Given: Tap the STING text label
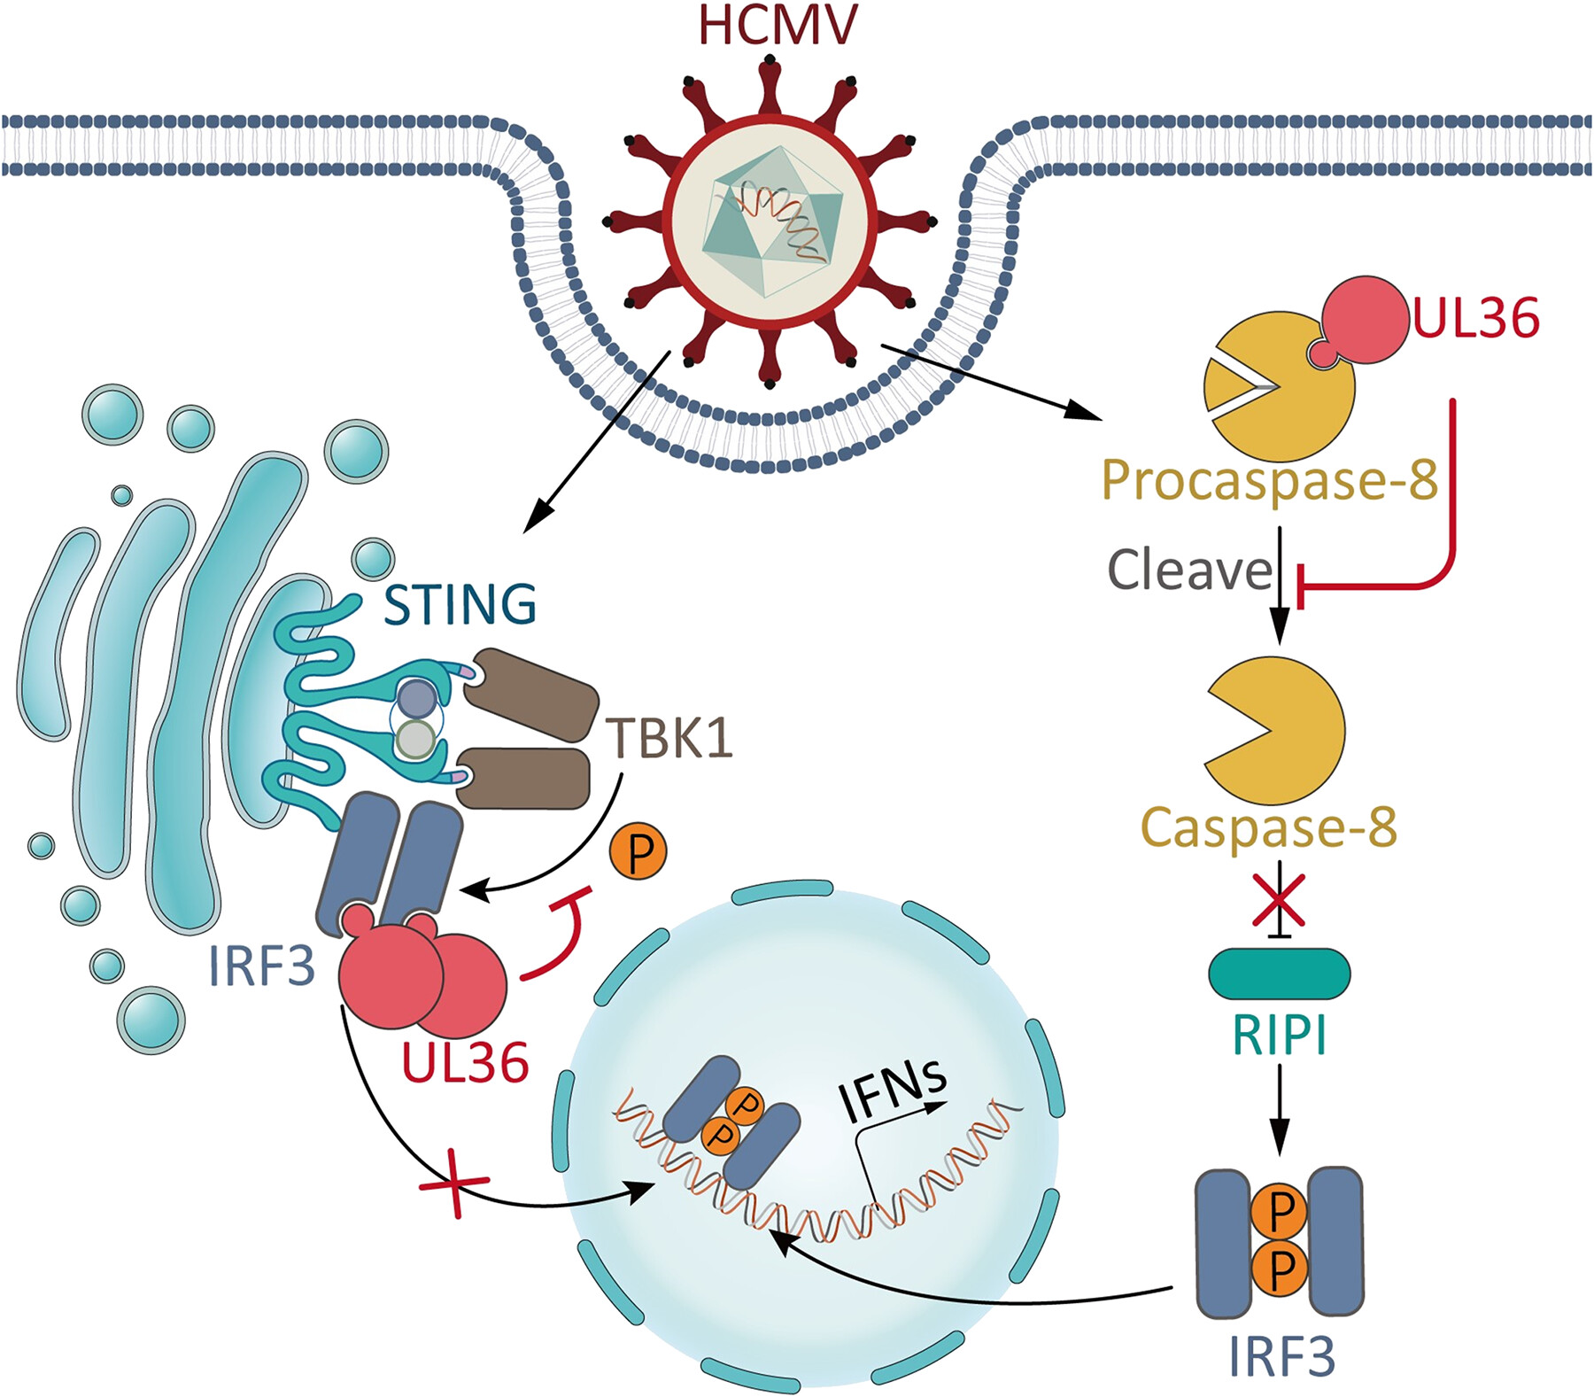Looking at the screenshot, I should (x=460, y=605).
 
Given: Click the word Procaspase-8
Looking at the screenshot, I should (x=1269, y=481).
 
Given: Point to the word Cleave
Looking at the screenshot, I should (x=1189, y=570).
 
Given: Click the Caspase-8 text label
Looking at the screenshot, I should (x=1268, y=827).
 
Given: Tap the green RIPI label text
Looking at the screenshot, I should (x=1279, y=1034).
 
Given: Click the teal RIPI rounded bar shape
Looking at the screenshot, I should (x=1279, y=973).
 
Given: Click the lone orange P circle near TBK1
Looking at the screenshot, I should (x=638, y=851).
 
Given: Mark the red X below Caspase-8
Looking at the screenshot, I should (x=1279, y=900).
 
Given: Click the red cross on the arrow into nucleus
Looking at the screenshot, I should (x=454, y=1184).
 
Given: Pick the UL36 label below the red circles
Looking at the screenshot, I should (x=465, y=1062).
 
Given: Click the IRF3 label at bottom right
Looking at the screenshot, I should (x=1281, y=1355).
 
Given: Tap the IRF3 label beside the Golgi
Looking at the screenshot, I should (x=262, y=966).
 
